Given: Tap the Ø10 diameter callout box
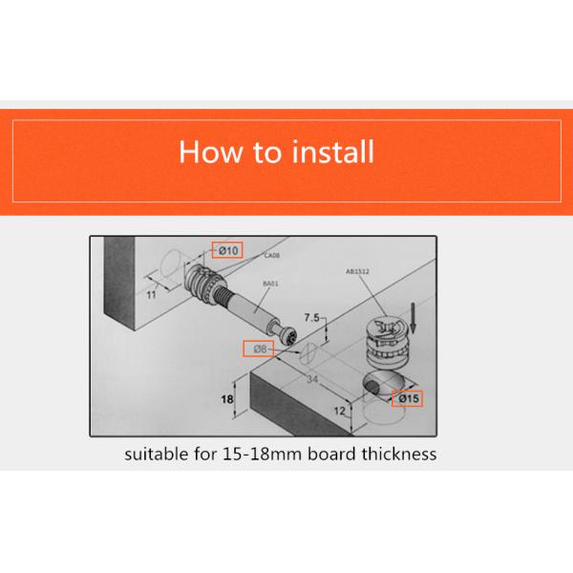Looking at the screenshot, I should pos(225,250).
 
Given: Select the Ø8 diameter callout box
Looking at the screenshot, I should pos(259,350).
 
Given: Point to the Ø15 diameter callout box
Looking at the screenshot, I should pos(410,397).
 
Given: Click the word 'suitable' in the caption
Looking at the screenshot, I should pos(159,454).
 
